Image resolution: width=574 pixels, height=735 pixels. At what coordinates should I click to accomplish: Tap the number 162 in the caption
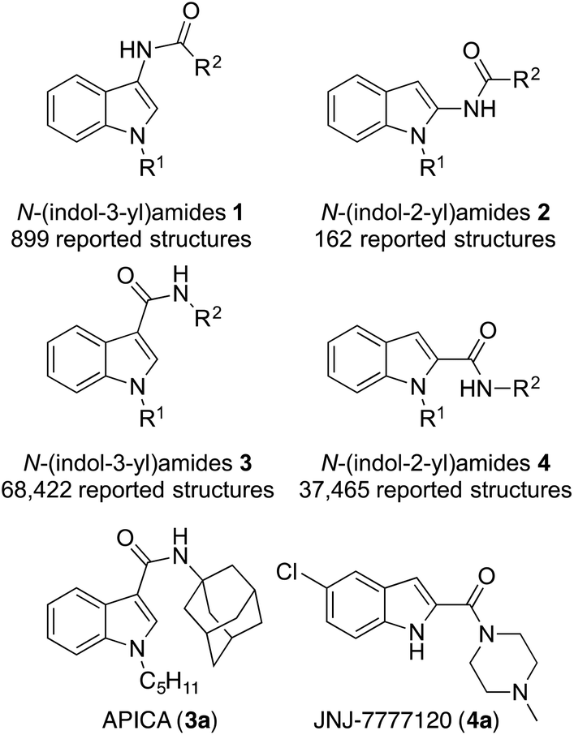tap(347, 243)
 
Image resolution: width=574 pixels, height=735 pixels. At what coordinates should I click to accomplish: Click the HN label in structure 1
tap(135, 52)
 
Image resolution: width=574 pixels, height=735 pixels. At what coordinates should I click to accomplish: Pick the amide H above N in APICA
tap(180, 535)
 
